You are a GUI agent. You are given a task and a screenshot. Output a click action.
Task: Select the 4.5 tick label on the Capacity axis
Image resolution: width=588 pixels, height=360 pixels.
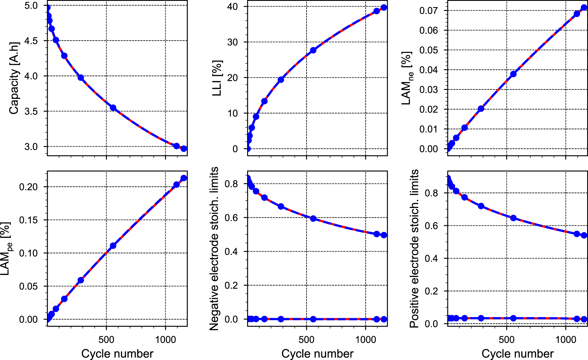pyautogui.click(x=31, y=41)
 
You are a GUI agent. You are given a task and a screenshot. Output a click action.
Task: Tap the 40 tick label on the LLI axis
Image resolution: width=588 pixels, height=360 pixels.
pyautogui.click(x=232, y=7)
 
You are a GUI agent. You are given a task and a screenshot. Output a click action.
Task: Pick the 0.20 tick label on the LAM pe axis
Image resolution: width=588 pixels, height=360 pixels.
pyautogui.click(x=28, y=187)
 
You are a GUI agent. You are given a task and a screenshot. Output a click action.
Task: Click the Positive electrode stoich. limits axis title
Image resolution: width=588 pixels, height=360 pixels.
pyautogui.click(x=414, y=249)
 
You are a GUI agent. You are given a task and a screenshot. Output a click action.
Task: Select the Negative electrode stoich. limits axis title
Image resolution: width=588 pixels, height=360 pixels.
pyautogui.click(x=214, y=249)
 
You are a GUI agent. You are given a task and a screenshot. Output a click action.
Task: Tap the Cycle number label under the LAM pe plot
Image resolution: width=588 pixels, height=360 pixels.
pyautogui.click(x=117, y=354)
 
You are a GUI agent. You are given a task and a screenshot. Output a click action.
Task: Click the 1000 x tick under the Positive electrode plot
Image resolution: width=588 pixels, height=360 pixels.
pyautogui.click(x=566, y=340)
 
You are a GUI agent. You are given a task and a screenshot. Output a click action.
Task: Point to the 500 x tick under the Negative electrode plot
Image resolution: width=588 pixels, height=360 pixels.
pyautogui.click(x=306, y=340)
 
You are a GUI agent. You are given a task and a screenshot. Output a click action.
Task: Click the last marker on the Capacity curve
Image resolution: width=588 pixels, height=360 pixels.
pyautogui.click(x=184, y=149)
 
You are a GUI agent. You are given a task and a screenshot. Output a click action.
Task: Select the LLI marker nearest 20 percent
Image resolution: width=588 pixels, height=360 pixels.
pyautogui.click(x=281, y=80)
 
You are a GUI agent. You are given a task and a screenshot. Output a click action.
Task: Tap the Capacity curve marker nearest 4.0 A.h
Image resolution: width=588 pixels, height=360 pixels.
pyautogui.click(x=81, y=78)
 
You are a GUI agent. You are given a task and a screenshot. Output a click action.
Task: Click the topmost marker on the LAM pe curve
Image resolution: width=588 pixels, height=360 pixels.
pyautogui.click(x=184, y=178)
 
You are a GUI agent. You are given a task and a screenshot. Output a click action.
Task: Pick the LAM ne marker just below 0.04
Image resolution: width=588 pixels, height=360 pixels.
pyautogui.click(x=513, y=74)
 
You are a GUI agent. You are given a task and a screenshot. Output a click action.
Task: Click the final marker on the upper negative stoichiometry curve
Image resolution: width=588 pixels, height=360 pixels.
pyautogui.click(x=384, y=235)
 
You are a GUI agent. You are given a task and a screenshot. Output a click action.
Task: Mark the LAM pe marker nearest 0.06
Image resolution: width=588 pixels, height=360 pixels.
pyautogui.click(x=81, y=280)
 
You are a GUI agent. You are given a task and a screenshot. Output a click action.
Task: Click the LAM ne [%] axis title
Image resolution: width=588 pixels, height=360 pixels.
pyautogui.click(x=407, y=78)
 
